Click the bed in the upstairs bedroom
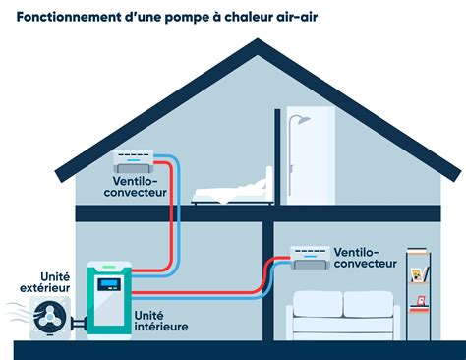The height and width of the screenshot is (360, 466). click(231, 193)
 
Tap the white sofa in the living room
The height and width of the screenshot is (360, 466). click(341, 320)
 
